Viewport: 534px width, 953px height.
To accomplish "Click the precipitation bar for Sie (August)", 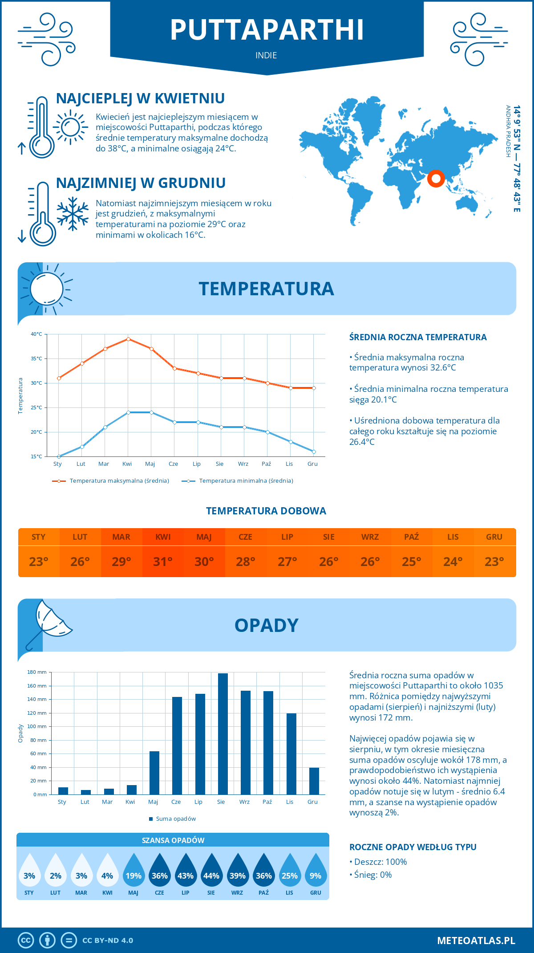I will click(223, 734).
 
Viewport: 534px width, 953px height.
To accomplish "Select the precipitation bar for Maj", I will click(154, 773).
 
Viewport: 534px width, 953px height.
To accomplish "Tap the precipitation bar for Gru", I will click(314, 781).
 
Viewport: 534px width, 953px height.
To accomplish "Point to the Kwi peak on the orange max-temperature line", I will click(128, 339).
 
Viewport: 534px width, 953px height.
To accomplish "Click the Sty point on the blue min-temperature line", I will click(59, 456).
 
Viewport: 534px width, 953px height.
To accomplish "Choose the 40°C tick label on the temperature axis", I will click(36, 334).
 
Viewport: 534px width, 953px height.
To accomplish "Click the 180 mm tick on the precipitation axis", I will click(37, 672).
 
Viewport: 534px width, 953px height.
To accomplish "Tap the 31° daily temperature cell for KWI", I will click(163, 562).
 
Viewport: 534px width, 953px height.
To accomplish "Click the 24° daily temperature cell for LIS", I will click(453, 562).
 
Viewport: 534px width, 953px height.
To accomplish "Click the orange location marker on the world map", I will click(436, 179).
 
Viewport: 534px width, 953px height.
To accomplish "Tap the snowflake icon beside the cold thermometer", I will click(73, 214).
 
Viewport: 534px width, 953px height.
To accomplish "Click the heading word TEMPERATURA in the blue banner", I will click(266, 289).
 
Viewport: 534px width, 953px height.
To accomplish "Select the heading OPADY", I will click(266, 625).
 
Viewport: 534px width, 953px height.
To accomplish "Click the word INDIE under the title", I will click(266, 55).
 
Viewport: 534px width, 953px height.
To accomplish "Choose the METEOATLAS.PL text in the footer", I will click(476, 941).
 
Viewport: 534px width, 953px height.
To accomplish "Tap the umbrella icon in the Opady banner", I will click(49, 621).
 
